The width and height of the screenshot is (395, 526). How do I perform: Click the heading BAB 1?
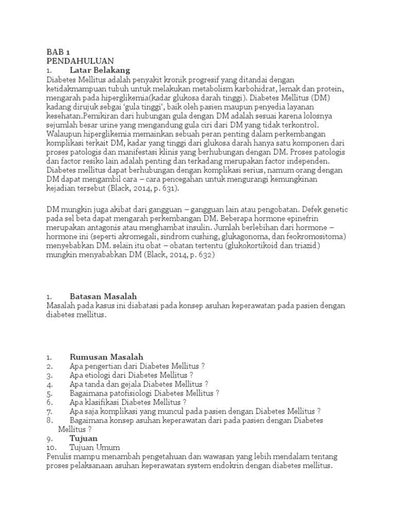tap(57, 52)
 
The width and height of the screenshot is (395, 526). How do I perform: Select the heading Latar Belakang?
tap(100, 70)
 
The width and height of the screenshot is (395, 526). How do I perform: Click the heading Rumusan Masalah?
tap(106, 356)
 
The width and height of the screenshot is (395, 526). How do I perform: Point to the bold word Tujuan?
tap(83, 438)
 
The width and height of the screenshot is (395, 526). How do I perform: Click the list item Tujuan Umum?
tap(95, 447)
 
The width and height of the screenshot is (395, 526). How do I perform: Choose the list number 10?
tap(51, 447)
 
